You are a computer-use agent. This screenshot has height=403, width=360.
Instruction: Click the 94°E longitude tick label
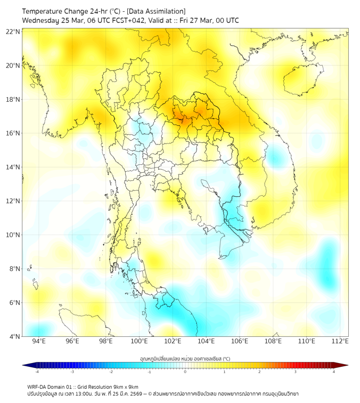[x=39, y=341]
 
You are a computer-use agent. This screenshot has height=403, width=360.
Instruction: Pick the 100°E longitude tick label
[x=139, y=341]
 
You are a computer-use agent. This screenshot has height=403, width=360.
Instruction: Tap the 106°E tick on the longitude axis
[x=240, y=341]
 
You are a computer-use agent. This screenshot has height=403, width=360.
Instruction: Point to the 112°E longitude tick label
[x=340, y=341]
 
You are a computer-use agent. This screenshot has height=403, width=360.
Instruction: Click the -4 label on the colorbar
[x=36, y=372]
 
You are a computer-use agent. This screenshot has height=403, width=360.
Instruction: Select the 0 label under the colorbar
[x=185, y=372]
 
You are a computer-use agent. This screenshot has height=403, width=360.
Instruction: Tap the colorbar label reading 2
[x=259, y=372]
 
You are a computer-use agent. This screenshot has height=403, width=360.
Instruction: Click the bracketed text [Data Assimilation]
[x=158, y=11]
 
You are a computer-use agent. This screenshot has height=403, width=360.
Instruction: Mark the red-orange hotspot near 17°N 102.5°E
[x=181, y=119]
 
